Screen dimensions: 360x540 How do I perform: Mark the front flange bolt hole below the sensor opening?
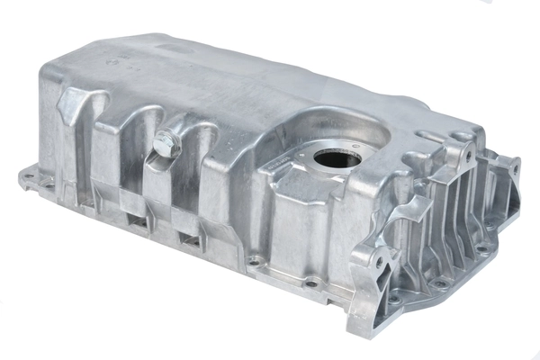point(311,283)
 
